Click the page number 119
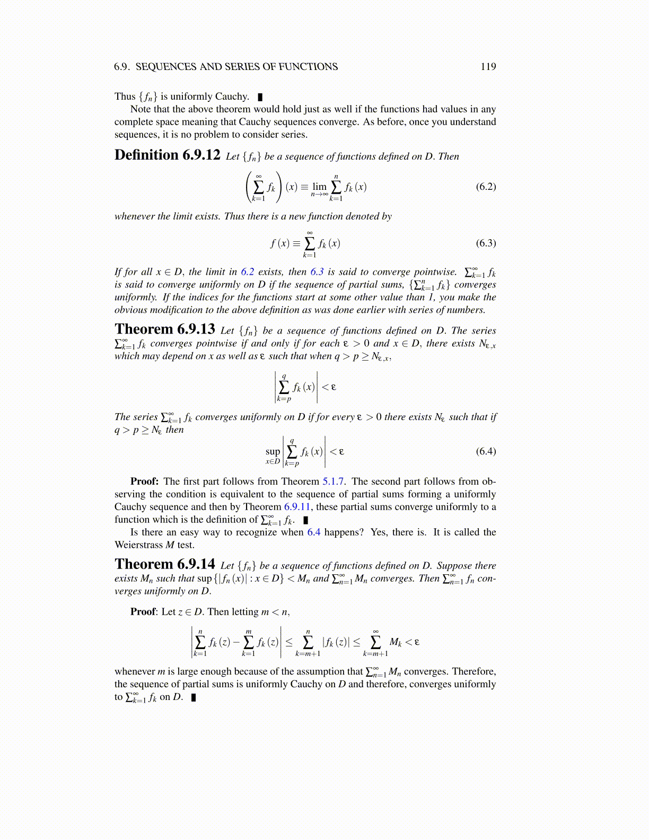pos(488,66)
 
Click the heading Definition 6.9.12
pos(167,155)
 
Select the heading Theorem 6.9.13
pos(164,329)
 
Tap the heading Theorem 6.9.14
pos(164,564)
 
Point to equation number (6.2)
pos(486,186)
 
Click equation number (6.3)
pos(486,243)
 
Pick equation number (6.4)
pos(486,451)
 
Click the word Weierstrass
pos(139,545)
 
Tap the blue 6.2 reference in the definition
pos(248,272)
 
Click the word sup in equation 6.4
pos(273,451)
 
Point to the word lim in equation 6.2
pos(319,186)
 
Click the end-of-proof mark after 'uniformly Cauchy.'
pos(260,97)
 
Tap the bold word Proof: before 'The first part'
pos(145,482)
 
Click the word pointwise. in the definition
pos(435,272)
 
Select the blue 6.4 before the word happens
pos(314,532)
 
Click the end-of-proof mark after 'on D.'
pos(194,697)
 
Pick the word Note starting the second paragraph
pos(141,109)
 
